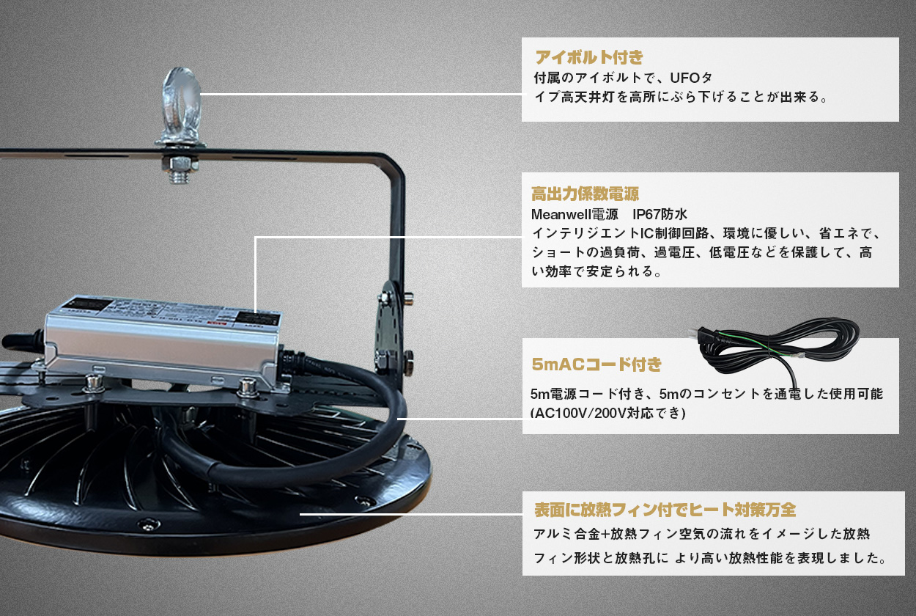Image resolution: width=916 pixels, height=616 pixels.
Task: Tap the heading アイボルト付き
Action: (x=588, y=57)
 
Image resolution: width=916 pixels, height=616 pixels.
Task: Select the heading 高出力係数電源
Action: (x=585, y=194)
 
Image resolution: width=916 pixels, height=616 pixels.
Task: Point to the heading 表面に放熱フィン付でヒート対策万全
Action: (x=665, y=509)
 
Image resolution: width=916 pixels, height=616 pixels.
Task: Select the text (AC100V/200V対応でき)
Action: (x=607, y=413)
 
